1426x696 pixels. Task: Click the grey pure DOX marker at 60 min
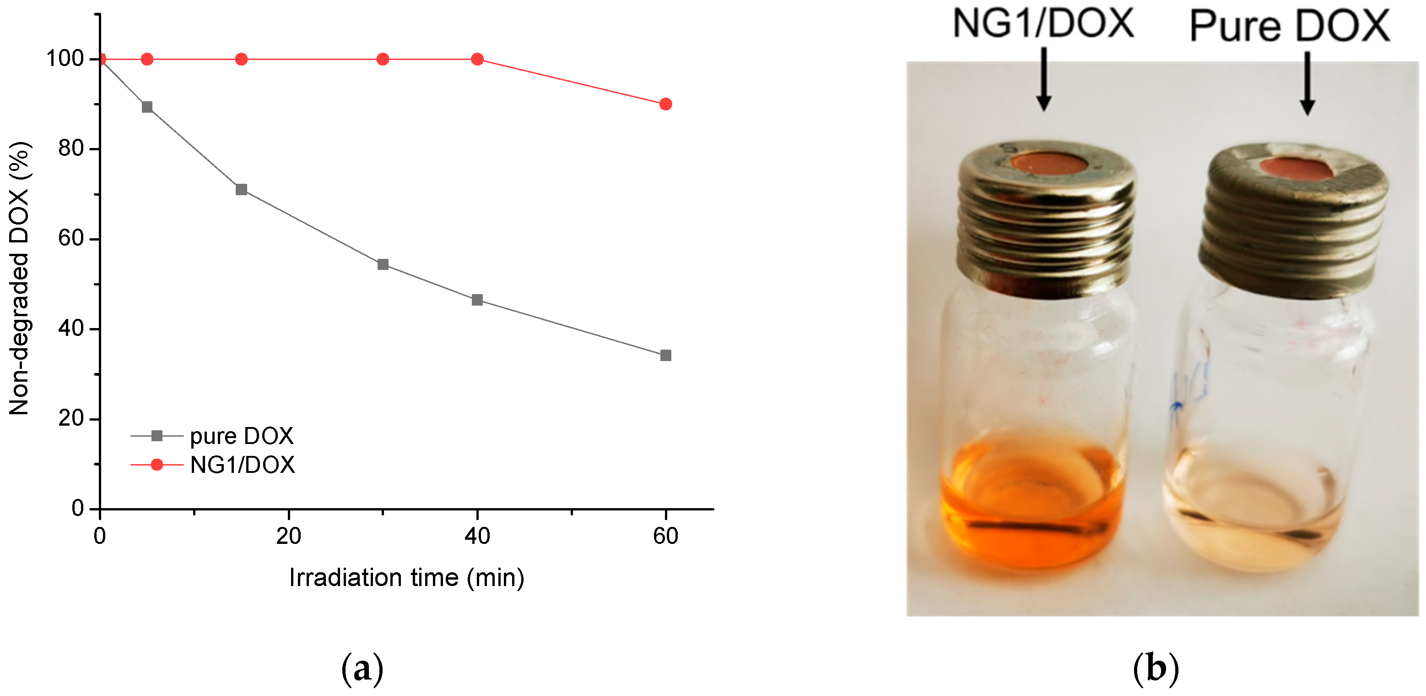click(665, 355)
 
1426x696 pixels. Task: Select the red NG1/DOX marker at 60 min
click(665, 104)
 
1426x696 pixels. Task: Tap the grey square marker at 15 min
click(241, 190)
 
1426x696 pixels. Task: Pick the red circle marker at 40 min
click(477, 59)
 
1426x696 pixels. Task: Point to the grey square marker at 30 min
click(383, 264)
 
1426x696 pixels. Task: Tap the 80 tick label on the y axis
click(70, 148)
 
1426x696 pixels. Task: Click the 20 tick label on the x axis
click(288, 536)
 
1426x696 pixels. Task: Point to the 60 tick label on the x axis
click(665, 536)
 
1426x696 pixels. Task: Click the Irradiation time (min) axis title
click(406, 578)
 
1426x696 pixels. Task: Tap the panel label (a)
click(362, 669)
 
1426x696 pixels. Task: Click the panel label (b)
click(1156, 669)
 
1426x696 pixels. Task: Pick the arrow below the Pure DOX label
click(1307, 83)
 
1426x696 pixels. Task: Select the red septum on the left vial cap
click(1048, 164)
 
